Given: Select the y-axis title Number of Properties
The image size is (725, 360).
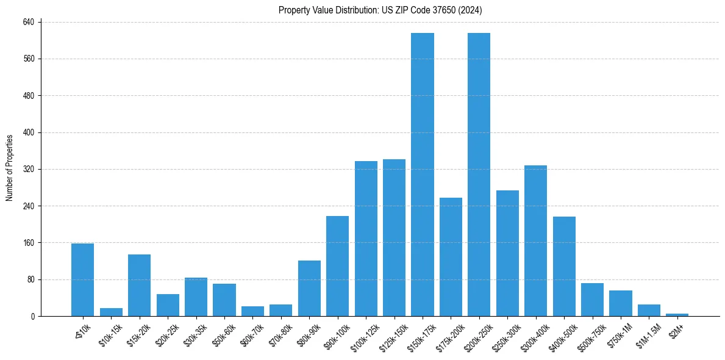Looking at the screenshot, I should pyautogui.click(x=10, y=168).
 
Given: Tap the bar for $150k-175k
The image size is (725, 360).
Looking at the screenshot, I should pyautogui.click(x=423, y=175).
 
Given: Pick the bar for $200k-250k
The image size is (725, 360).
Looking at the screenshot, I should pyautogui.click(x=479, y=175).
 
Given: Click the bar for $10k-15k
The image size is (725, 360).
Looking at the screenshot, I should pyautogui.click(x=111, y=312).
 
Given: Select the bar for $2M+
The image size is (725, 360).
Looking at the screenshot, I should pyautogui.click(x=677, y=315).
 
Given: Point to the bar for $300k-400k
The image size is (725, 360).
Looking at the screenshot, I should pyautogui.click(x=535, y=240).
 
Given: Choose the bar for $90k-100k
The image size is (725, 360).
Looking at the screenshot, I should pyautogui.click(x=337, y=266).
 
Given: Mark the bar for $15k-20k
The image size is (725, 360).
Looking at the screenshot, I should pyautogui.click(x=139, y=285).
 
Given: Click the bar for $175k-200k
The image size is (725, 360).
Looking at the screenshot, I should pyautogui.click(x=451, y=257).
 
